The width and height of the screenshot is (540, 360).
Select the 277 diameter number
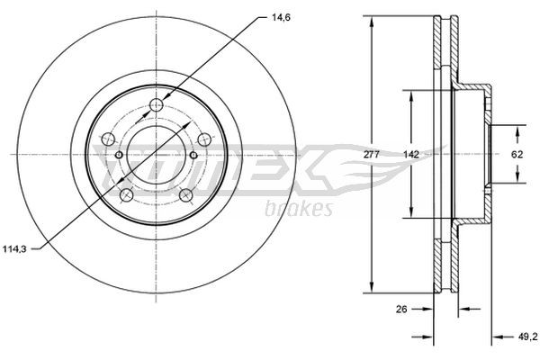pyautogui.click(x=371, y=155)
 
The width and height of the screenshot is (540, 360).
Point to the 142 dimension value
pyautogui.click(x=409, y=155)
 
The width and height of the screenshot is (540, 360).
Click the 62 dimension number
pyautogui.click(x=517, y=155)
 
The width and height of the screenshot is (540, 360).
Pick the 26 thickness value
pyautogui.click(x=403, y=310)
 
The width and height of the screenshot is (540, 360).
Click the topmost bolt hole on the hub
pyautogui.click(x=156, y=106)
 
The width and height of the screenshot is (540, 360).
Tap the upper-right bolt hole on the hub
pyautogui.click(x=203, y=139)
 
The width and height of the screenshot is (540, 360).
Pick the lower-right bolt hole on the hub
pyautogui.click(x=185, y=195)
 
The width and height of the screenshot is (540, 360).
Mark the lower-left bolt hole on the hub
pyautogui.click(x=127, y=195)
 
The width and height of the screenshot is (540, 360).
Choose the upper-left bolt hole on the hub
pyautogui.click(x=108, y=139)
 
